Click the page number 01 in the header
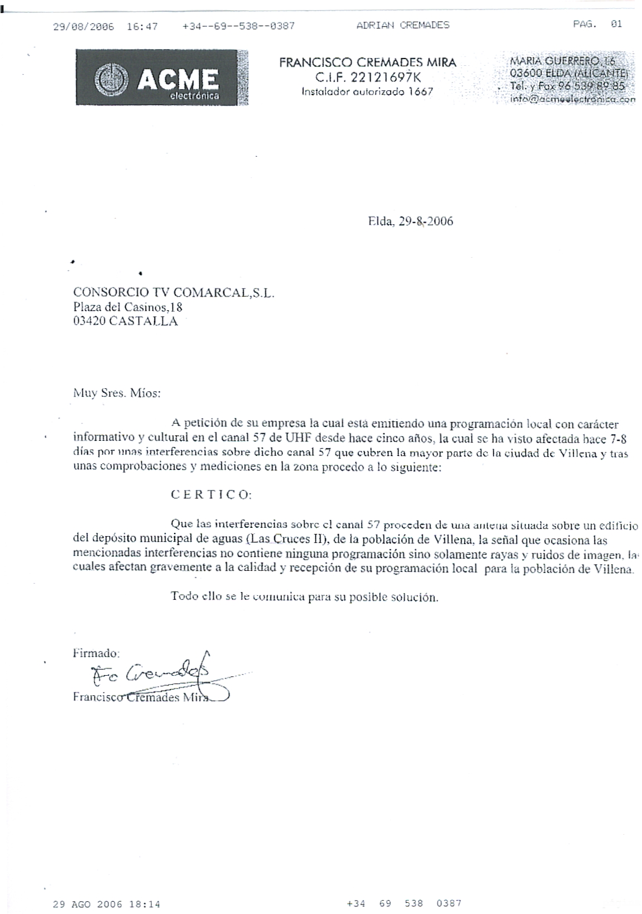pyautogui.click(x=616, y=24)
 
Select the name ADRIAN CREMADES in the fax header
pyautogui.click(x=403, y=25)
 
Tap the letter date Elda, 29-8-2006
pyautogui.click(x=410, y=222)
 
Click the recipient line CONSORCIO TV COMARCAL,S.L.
pyautogui.click(x=174, y=292)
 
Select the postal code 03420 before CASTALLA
pyautogui.click(x=89, y=321)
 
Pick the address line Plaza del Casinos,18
pyautogui.click(x=128, y=307)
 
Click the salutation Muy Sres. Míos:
pyautogui.click(x=117, y=393)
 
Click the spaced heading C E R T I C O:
pyautogui.click(x=211, y=495)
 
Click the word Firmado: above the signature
pyautogui.click(x=96, y=652)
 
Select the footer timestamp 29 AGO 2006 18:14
pyautogui.click(x=107, y=905)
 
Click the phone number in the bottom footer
pyautogui.click(x=404, y=903)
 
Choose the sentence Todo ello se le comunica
pyautogui.click(x=304, y=596)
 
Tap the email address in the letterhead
pyautogui.click(x=572, y=99)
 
